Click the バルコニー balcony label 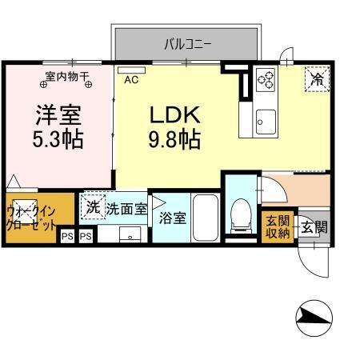(188, 44)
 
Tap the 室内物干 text (67, 77)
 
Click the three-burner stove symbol (266, 79)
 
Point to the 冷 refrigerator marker (317, 79)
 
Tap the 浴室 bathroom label (171, 218)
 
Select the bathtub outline (206, 216)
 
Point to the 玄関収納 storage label (278, 226)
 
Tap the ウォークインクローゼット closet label (31, 217)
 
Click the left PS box (68, 237)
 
